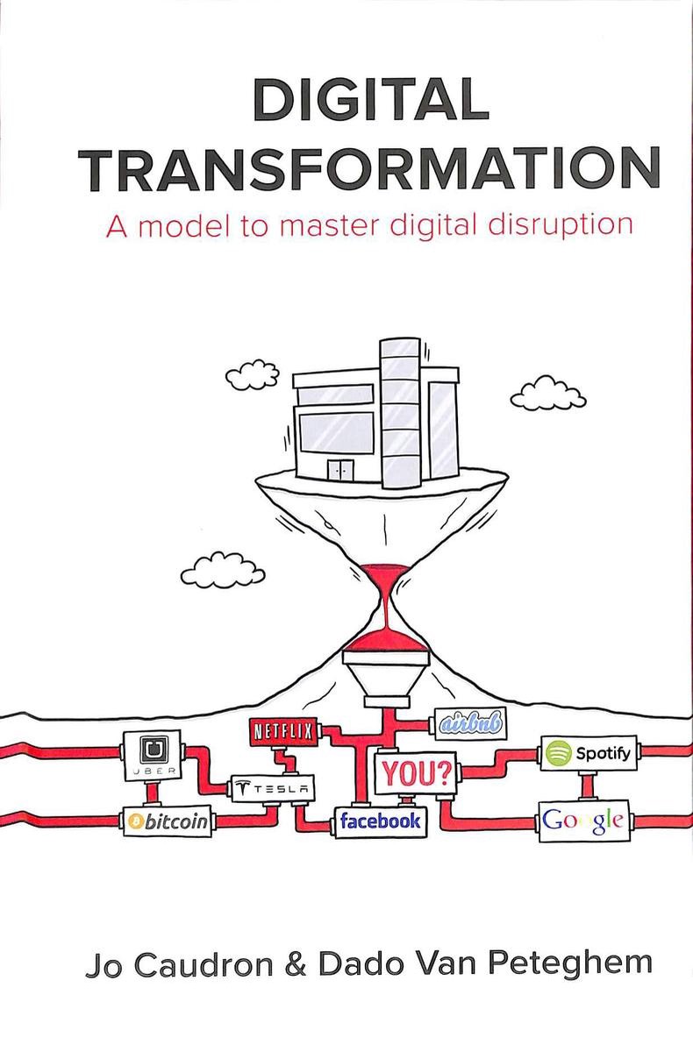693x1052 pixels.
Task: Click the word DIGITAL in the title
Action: [x=371, y=99]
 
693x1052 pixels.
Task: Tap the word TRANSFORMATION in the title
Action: [x=369, y=168]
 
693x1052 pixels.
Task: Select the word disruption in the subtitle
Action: [x=560, y=225]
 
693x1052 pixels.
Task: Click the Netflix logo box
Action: [x=282, y=731]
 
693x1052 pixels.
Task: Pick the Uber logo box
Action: [x=153, y=755]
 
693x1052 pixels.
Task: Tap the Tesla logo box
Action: [x=273, y=789]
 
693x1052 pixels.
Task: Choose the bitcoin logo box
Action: [x=168, y=821]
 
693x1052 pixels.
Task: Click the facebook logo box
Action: [x=381, y=822]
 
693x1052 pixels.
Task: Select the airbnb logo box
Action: [x=470, y=724]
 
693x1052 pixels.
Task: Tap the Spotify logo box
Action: [x=589, y=753]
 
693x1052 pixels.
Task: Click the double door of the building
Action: [x=340, y=470]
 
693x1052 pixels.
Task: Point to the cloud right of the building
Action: [x=548, y=393]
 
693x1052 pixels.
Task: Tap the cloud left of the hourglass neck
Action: [x=223, y=570]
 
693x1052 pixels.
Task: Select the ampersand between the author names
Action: [x=295, y=965]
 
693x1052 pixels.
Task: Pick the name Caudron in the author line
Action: [x=204, y=965]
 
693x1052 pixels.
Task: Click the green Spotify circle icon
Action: [x=559, y=753]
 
